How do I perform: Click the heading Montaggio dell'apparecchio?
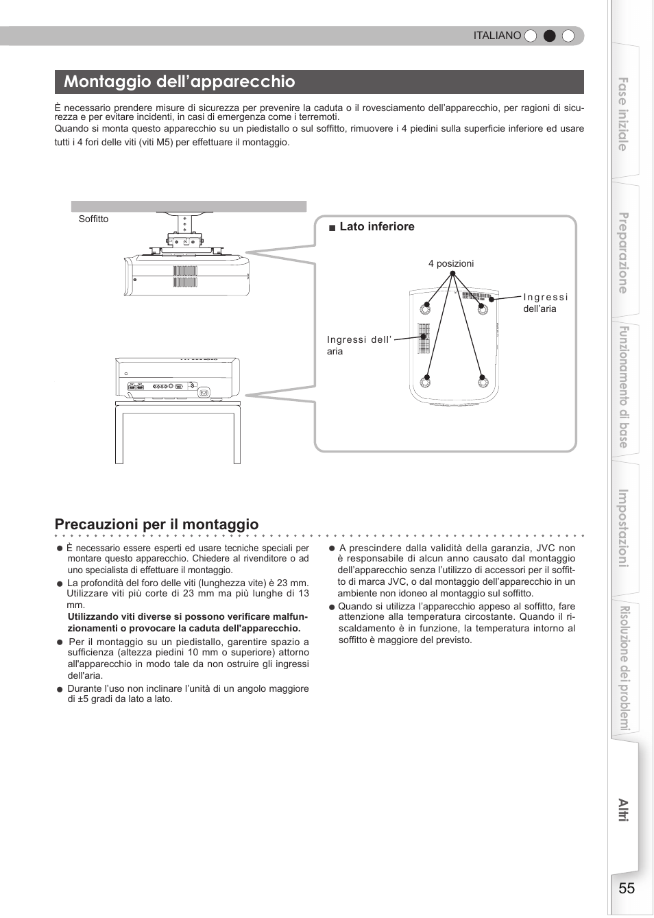(x=180, y=82)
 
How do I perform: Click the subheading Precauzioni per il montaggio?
(x=156, y=524)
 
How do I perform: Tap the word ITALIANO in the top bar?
(x=497, y=36)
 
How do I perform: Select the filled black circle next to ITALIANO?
(x=549, y=36)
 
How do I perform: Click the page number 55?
(x=626, y=888)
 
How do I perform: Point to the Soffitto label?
(x=93, y=219)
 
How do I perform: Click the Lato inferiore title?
(x=376, y=227)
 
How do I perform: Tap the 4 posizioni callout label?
(x=450, y=264)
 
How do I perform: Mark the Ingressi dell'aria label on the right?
(x=545, y=303)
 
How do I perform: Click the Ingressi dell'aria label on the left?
(x=358, y=346)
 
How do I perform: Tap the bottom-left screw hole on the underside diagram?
(x=426, y=378)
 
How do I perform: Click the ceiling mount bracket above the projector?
(x=184, y=233)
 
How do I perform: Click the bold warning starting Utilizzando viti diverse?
(x=187, y=623)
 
